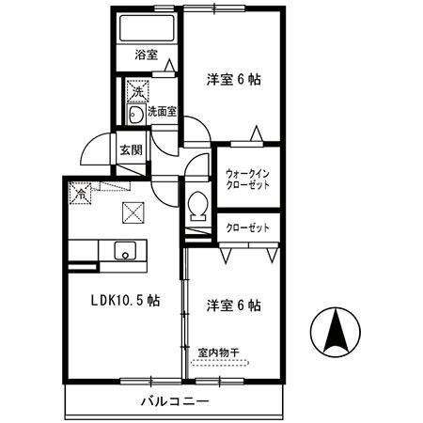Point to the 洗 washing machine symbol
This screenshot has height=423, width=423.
pyautogui.click(x=137, y=91)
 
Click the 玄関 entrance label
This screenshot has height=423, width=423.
pyautogui.click(x=130, y=149)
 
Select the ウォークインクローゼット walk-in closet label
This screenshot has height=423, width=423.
pyautogui.click(x=247, y=179)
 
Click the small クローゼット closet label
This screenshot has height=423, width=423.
pyautogui.click(x=247, y=228)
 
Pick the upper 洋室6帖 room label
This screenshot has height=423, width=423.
pyautogui.click(x=233, y=80)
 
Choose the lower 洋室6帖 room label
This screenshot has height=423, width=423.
pyautogui.click(x=233, y=305)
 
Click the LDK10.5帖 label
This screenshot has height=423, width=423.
pyautogui.click(x=124, y=301)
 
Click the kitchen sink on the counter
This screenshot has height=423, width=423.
pyautogui.click(x=125, y=251)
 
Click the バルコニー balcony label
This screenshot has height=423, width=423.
pyautogui.click(x=174, y=401)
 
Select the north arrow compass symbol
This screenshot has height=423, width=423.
pyautogui.click(x=336, y=332)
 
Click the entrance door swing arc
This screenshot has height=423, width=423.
pyautogui.click(x=93, y=150)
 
